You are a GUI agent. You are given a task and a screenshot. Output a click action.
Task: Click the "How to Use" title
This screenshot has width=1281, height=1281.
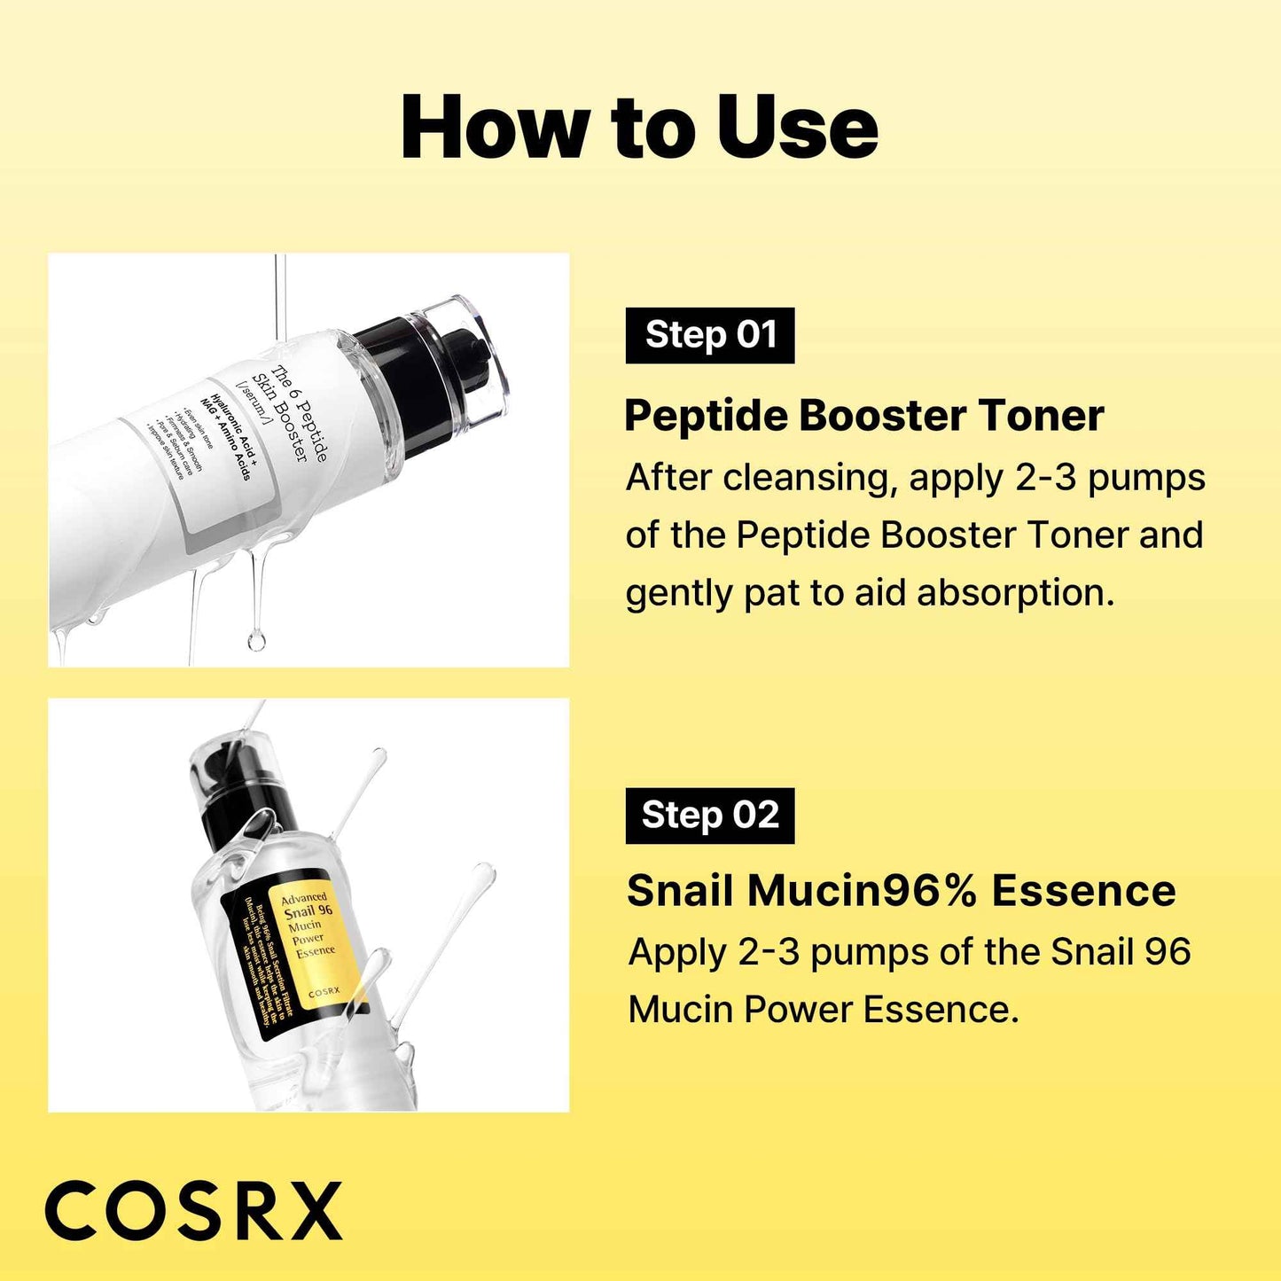pyautogui.click(x=639, y=129)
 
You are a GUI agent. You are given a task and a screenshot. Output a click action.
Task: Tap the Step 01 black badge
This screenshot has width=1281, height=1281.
pyautogui.click(x=710, y=335)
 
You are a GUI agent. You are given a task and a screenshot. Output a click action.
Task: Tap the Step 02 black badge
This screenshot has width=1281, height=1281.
pyautogui.click(x=710, y=815)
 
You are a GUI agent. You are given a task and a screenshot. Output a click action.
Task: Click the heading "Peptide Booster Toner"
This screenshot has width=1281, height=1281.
pyautogui.click(x=864, y=416)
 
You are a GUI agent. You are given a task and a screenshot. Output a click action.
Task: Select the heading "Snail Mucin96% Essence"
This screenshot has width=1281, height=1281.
pyautogui.click(x=901, y=891)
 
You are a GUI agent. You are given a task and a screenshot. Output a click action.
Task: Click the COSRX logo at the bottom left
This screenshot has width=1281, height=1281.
pyautogui.click(x=193, y=1211)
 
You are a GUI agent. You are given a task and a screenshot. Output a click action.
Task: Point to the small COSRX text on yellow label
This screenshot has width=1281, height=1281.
pyautogui.click(x=324, y=992)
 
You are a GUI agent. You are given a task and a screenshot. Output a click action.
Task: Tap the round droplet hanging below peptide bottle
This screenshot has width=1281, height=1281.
pyautogui.click(x=256, y=639)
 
